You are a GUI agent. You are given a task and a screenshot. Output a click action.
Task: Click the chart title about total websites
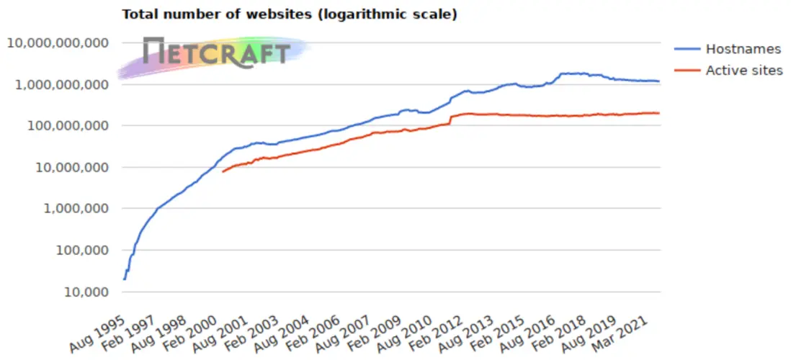(x=289, y=14)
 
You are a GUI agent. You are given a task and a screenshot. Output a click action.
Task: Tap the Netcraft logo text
(x=216, y=51)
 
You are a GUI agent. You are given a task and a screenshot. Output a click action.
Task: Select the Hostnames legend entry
(x=743, y=50)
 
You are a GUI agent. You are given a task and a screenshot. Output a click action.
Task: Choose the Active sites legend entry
(x=743, y=71)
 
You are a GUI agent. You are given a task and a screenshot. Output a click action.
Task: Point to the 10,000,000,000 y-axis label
(x=58, y=43)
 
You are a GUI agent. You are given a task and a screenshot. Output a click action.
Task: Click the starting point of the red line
(x=223, y=171)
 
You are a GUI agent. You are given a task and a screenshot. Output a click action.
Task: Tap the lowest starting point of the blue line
(x=124, y=279)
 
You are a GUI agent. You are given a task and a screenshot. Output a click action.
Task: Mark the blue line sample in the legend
(x=687, y=50)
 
